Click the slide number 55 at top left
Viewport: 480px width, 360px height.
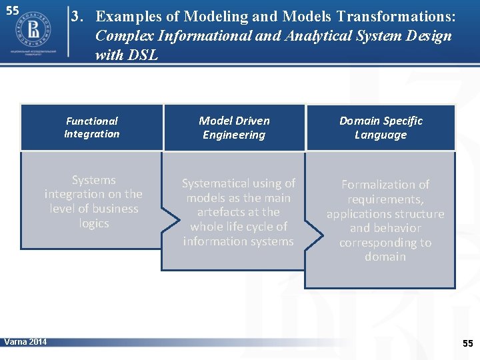click(x=12, y=11)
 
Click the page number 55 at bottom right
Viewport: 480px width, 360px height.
click(x=467, y=343)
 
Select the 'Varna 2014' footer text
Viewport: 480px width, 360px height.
click(x=25, y=342)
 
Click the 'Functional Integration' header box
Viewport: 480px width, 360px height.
click(x=92, y=127)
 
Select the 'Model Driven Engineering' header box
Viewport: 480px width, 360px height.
click(x=234, y=127)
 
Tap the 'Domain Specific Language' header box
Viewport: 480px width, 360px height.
click(x=381, y=127)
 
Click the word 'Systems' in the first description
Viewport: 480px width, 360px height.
click(x=93, y=180)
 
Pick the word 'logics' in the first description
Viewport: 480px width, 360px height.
click(x=93, y=223)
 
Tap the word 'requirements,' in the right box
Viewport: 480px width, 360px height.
click(x=385, y=199)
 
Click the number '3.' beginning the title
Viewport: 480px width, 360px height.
click(x=79, y=16)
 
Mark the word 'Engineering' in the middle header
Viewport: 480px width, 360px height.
click(x=234, y=135)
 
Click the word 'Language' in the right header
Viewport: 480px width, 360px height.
click(x=381, y=135)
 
